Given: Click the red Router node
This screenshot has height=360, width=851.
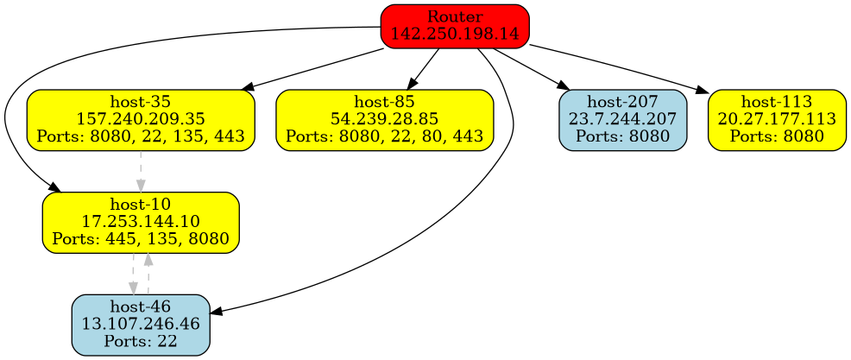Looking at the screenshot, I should tap(454, 25).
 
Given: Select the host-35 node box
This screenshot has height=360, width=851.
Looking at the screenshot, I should tap(141, 119).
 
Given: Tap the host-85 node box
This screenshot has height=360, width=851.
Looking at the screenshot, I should tap(384, 119).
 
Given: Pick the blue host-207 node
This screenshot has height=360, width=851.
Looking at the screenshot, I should tap(623, 119).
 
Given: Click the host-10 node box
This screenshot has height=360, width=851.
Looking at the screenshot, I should tap(141, 223).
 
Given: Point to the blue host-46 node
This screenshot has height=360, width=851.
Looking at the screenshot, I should tap(141, 325).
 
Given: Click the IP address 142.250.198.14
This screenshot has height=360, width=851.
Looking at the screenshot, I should tap(454, 34).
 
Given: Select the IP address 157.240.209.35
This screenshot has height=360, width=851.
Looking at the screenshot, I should tap(141, 119).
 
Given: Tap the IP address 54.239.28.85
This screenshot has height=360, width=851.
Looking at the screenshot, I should tap(384, 119).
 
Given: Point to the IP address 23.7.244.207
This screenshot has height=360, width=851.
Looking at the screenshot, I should tap(623, 119).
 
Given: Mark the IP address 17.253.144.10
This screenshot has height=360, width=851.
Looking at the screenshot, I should tap(141, 223).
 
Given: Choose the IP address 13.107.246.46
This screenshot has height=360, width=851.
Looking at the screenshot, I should tap(141, 325).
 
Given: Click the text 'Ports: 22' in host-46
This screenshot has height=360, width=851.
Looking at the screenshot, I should tap(141, 340).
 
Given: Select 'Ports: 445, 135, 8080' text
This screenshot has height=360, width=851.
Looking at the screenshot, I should tap(141, 237).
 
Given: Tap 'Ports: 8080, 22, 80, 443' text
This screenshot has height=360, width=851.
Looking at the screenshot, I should tap(384, 135).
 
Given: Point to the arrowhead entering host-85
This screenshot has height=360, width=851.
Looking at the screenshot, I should tap(413, 83).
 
